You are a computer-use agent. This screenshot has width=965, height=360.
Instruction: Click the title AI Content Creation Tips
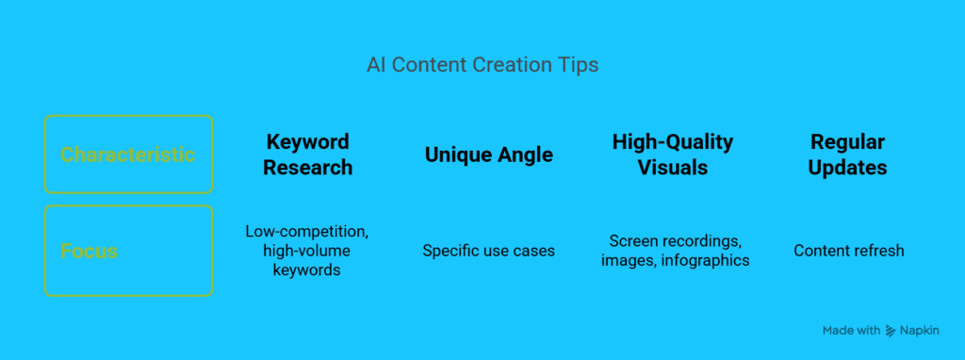coord(482,65)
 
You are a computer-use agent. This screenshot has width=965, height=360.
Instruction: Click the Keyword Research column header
coord(308,155)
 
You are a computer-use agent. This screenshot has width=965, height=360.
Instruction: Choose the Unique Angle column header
coord(489,155)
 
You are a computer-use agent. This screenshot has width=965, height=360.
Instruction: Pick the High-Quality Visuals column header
coord(673,155)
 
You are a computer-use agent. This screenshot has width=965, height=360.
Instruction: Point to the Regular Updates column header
coord(847,155)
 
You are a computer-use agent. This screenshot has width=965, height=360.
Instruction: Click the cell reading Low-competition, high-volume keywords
coord(306,251)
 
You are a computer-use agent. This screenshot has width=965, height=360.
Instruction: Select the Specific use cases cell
coord(489,251)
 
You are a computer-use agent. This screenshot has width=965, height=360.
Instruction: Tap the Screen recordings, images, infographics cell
coord(675,251)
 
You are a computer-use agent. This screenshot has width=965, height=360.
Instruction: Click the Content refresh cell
coord(849,251)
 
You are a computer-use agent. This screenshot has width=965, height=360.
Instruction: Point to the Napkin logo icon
coord(891,331)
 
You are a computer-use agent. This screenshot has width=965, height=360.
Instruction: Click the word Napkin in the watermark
coord(920,331)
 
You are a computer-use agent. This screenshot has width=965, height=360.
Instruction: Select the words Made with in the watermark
coord(851,331)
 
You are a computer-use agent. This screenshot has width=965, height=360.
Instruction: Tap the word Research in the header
coord(308,168)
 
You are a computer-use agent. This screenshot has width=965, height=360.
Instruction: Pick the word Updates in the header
coord(847,168)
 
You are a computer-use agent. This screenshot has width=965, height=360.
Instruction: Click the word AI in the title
coord(373,65)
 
